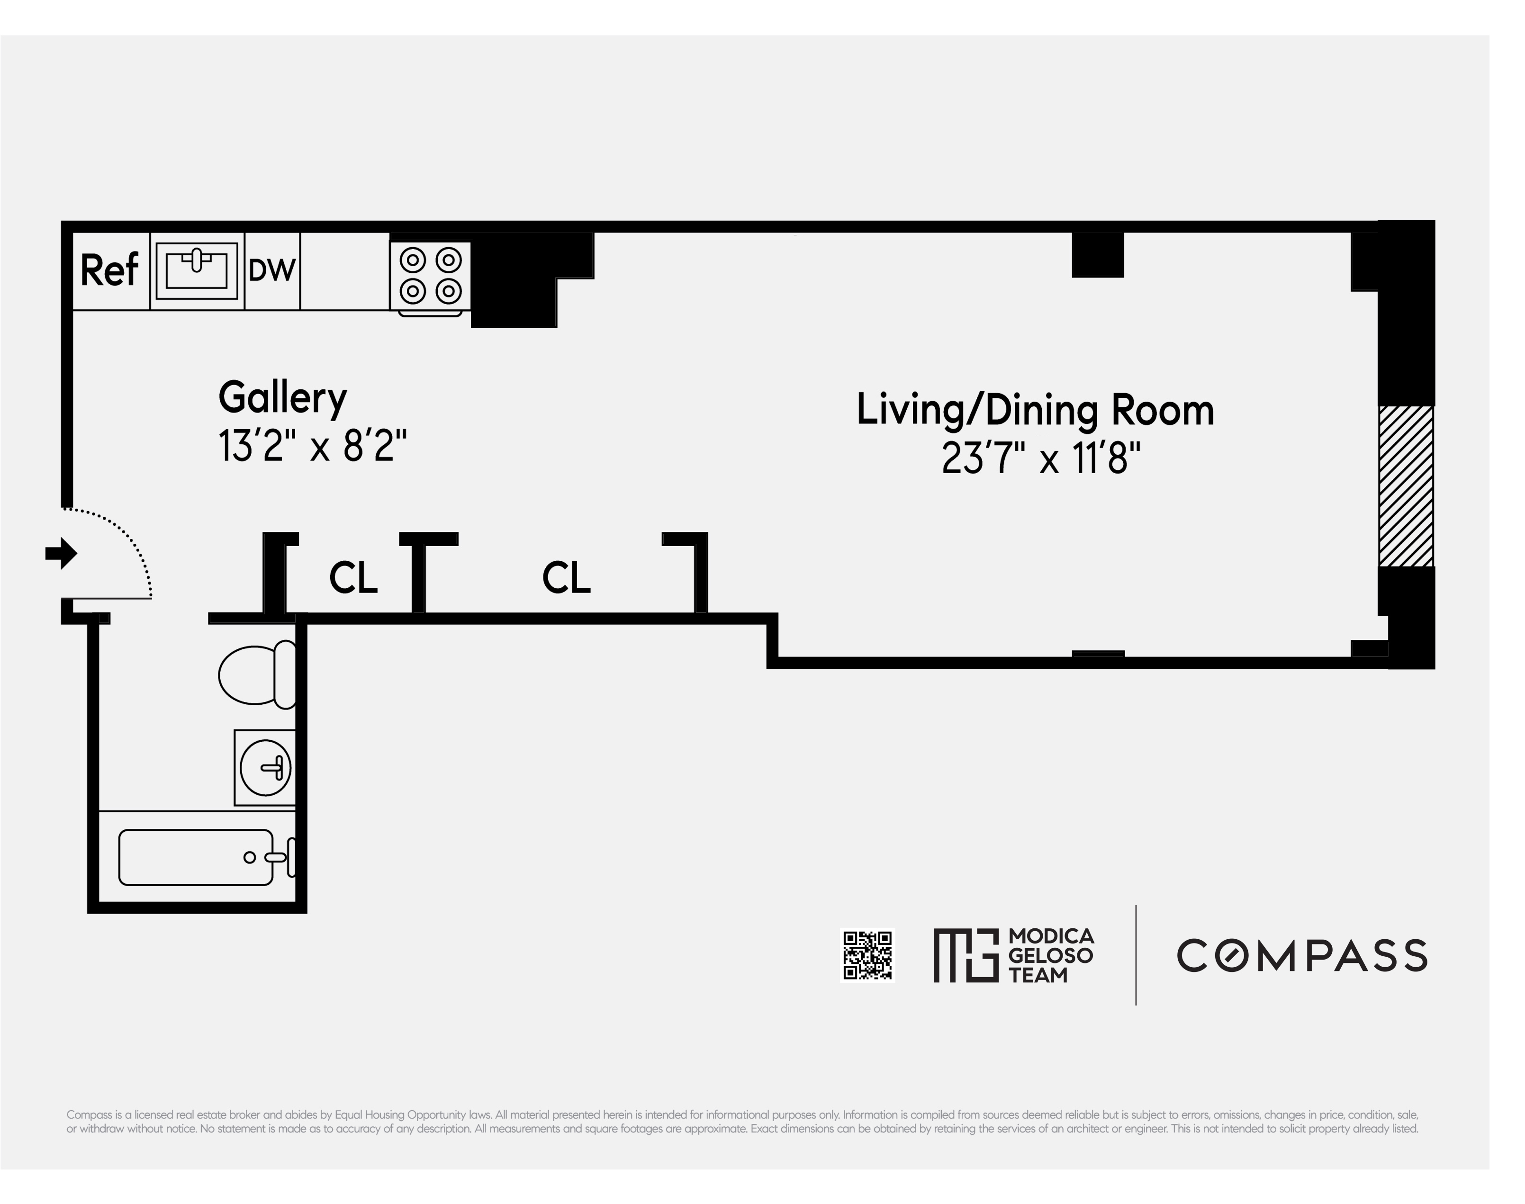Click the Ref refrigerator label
(109, 271)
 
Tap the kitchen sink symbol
(197, 271)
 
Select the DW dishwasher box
(272, 271)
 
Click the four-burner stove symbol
(430, 276)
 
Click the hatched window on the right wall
(1405, 486)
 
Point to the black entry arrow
(61, 553)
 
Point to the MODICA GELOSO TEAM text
(1050, 955)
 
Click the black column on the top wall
(1097, 254)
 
